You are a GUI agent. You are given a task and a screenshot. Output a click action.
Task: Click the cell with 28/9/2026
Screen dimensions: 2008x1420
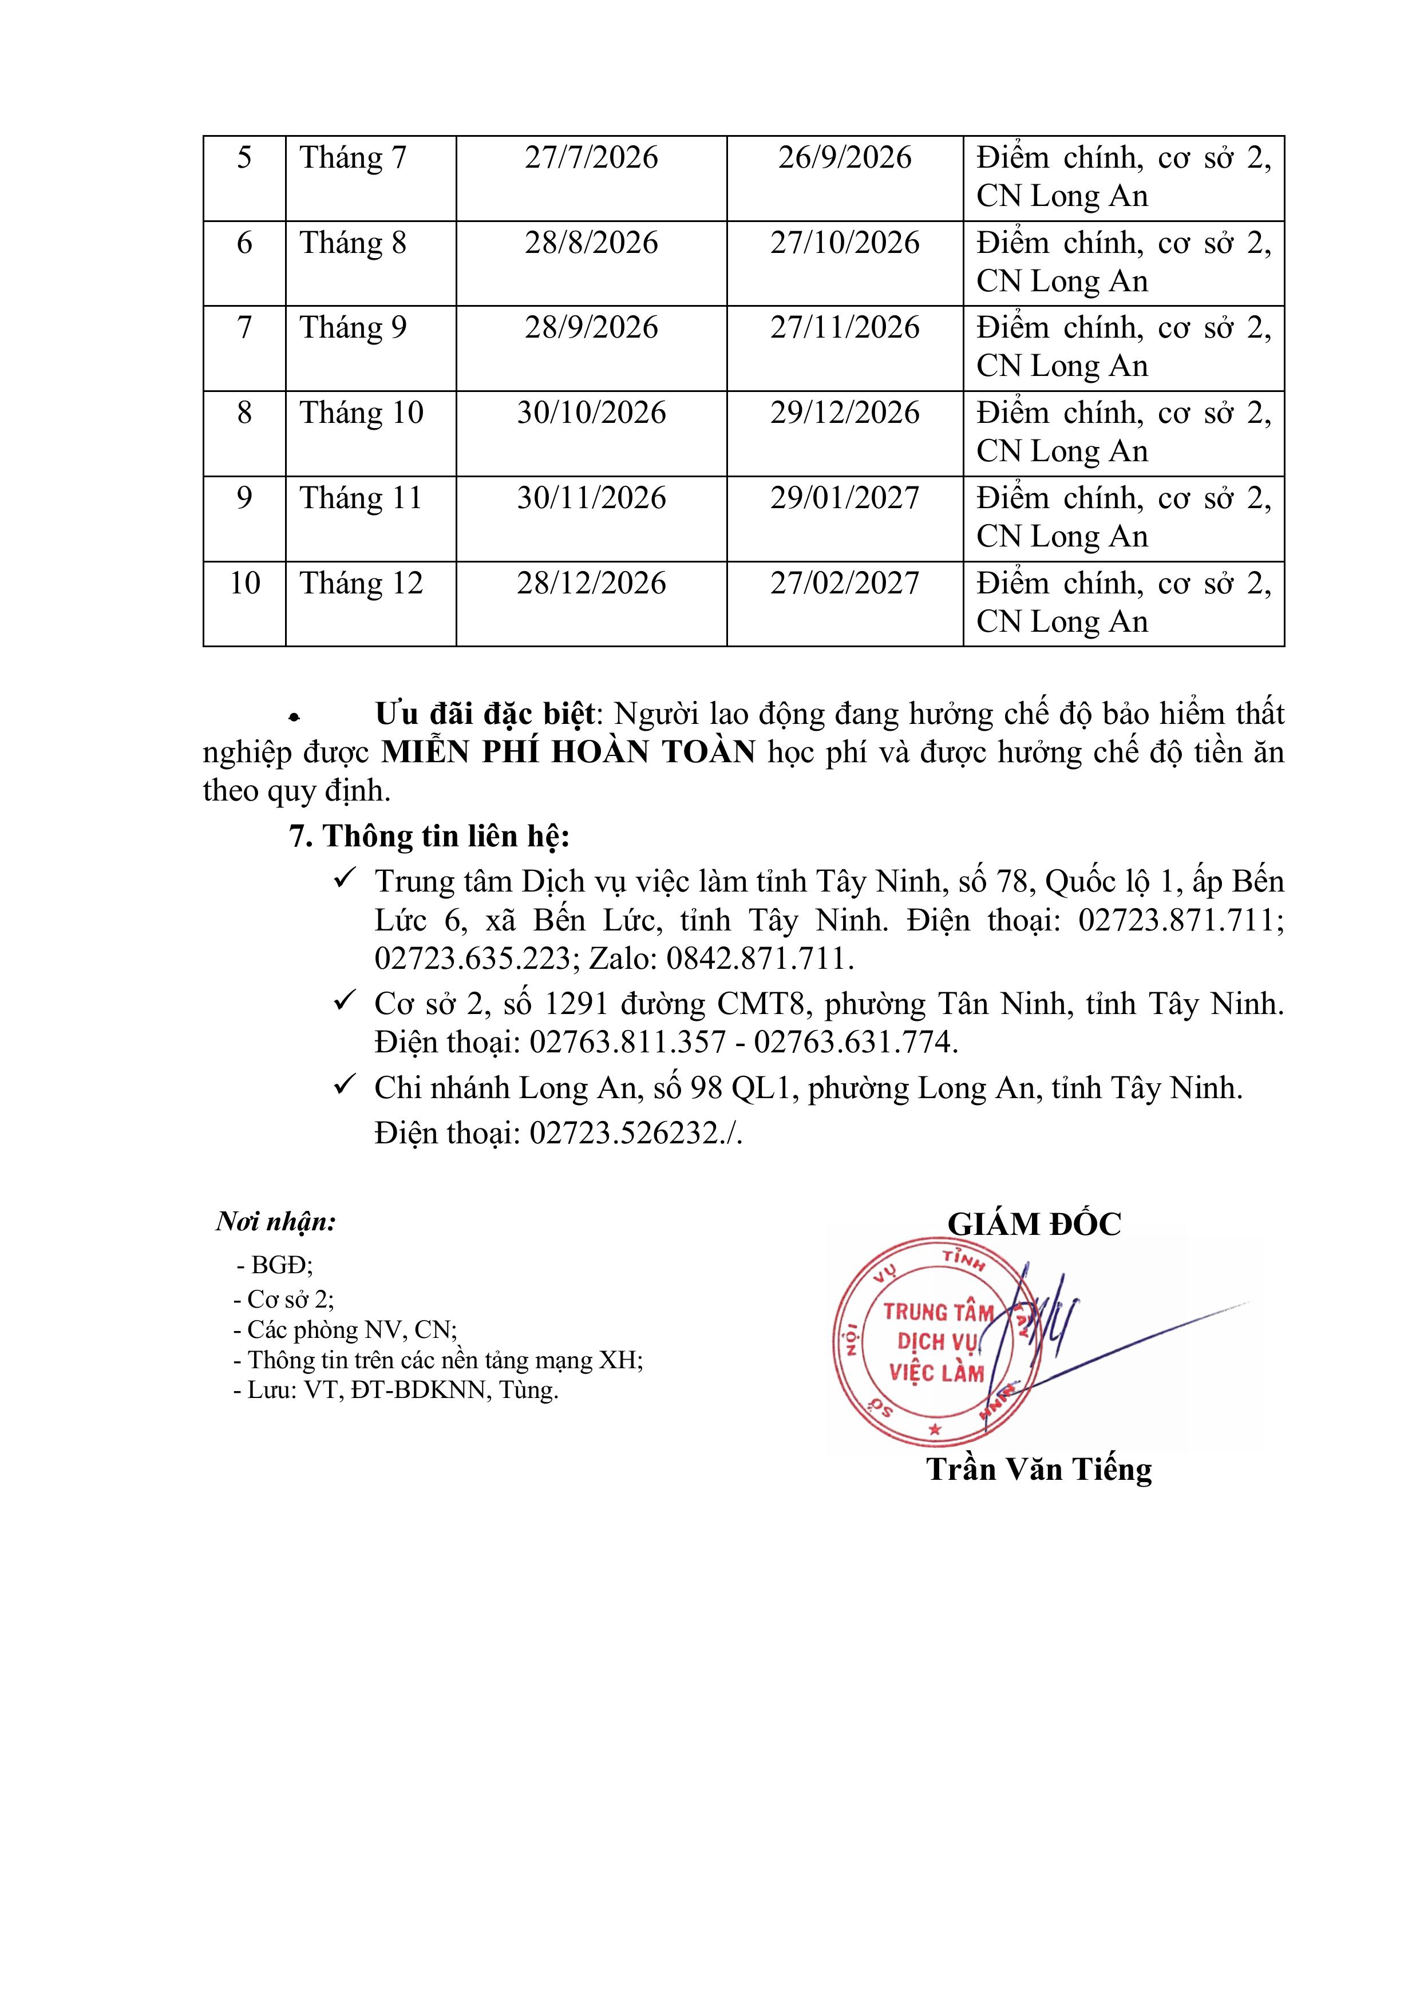pos(591,328)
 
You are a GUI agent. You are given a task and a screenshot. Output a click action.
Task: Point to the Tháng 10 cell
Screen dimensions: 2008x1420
pos(361,413)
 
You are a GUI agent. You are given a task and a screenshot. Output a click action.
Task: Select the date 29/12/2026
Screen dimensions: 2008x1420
pos(844,413)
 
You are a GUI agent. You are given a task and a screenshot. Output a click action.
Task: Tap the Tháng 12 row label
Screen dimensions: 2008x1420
pos(361,583)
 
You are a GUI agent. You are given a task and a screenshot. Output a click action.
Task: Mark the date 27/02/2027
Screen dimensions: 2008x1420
pos(844,583)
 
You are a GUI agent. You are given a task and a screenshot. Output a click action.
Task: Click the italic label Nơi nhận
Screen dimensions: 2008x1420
pos(276,1222)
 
